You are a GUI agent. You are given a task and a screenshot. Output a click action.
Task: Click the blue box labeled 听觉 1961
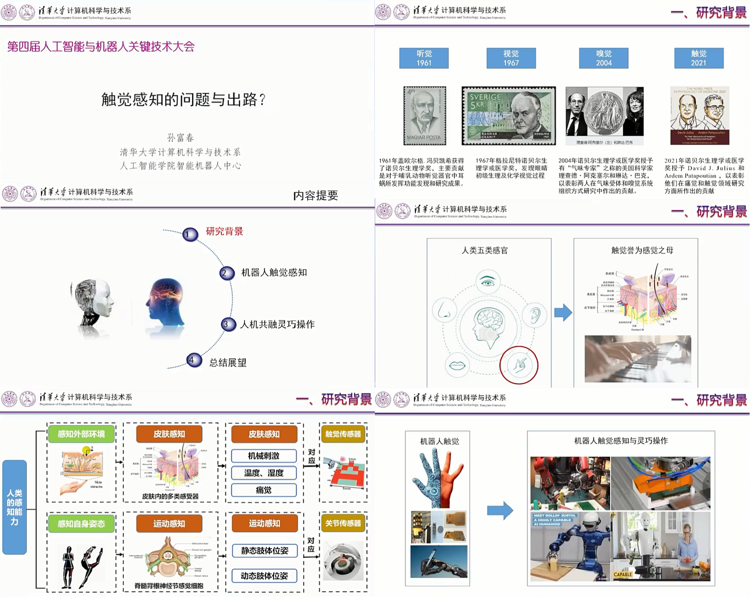click(424, 58)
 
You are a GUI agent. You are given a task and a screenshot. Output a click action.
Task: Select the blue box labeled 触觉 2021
click(698, 58)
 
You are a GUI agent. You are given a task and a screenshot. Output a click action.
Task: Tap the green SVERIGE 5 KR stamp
click(508, 115)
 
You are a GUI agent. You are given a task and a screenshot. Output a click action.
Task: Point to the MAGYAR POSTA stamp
click(424, 115)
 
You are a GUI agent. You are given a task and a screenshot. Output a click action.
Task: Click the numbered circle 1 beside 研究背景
click(190, 235)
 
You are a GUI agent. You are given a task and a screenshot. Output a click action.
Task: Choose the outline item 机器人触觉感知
click(274, 273)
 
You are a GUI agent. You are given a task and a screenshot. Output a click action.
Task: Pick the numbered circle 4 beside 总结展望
click(194, 360)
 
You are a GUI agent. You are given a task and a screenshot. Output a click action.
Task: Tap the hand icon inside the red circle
click(519, 365)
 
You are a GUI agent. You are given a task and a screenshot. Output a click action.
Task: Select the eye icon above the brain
click(488, 281)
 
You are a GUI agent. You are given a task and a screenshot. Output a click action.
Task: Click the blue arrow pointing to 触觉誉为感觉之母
click(563, 312)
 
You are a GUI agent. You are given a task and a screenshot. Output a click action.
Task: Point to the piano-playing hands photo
click(637, 359)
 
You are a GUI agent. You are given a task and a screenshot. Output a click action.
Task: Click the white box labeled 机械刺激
click(263, 456)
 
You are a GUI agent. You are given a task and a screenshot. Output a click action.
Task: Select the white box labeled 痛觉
click(263, 490)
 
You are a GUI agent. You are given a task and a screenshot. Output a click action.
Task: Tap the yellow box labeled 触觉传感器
click(343, 434)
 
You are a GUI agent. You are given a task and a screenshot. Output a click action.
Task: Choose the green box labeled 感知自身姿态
click(81, 524)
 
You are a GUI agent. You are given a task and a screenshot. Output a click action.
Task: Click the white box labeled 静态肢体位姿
click(264, 551)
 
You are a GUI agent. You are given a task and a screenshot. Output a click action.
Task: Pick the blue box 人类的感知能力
click(14, 507)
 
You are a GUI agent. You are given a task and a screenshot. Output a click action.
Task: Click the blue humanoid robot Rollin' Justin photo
click(570, 546)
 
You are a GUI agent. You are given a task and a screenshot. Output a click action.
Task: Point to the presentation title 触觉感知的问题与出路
click(183, 100)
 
